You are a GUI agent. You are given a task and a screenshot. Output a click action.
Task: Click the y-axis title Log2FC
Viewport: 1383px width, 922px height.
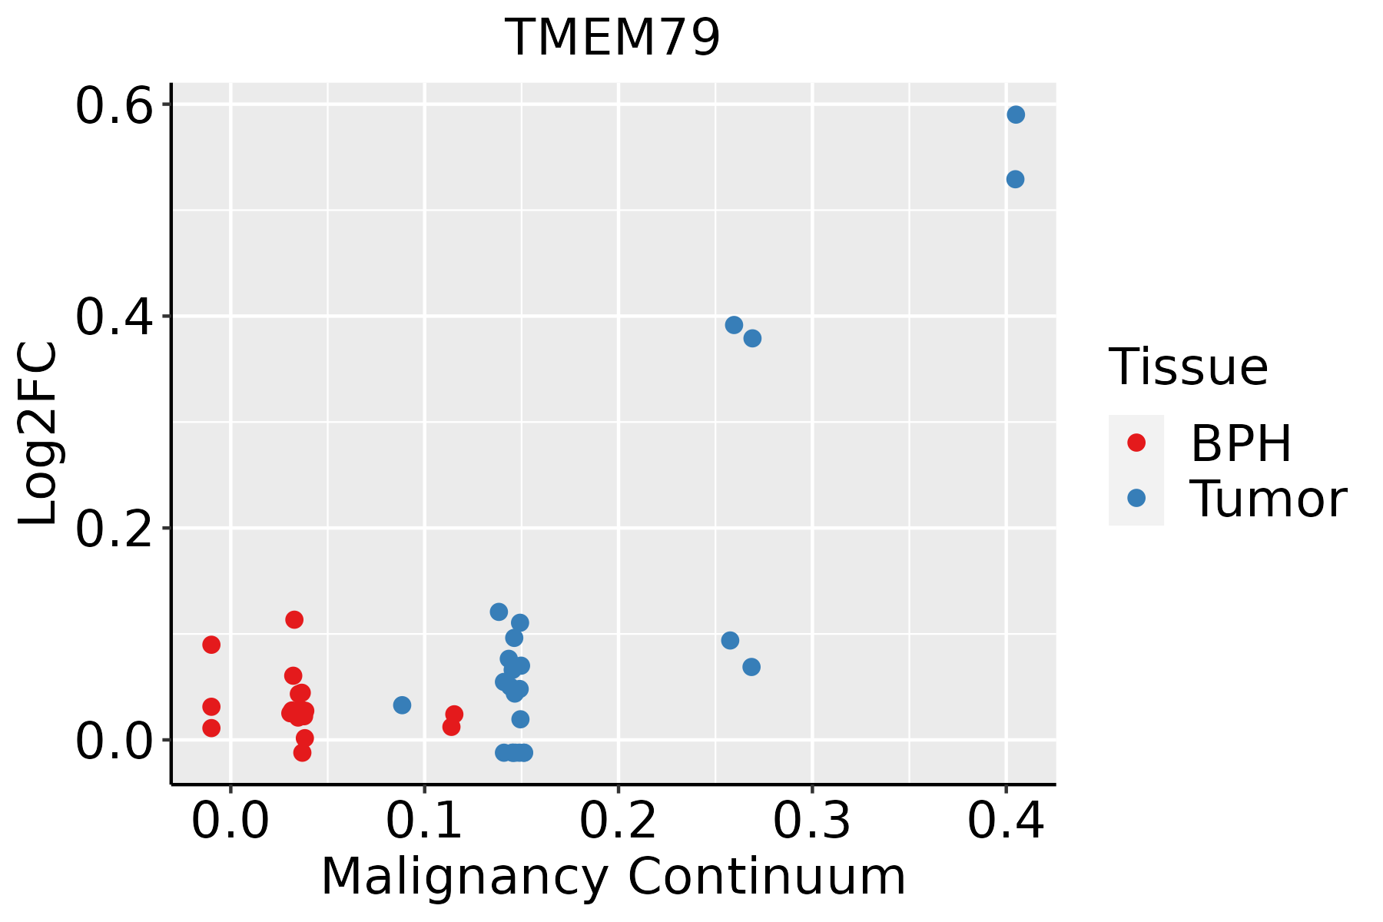(38, 434)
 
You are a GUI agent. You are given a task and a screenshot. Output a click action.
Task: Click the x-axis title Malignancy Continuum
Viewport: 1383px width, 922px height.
(612, 877)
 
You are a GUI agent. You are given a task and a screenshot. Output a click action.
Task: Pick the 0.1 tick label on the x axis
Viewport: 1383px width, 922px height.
(424, 821)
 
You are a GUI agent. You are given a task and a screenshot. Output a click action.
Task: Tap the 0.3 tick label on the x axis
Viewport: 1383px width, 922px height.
(811, 821)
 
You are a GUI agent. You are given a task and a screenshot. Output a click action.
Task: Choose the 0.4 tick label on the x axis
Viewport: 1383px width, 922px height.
(1005, 821)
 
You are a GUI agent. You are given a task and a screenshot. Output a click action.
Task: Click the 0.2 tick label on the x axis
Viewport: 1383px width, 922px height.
(618, 821)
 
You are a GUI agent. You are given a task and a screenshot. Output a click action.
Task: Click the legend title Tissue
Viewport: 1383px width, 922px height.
(1189, 367)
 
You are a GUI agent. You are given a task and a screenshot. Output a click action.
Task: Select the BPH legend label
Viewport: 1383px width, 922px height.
(1241, 443)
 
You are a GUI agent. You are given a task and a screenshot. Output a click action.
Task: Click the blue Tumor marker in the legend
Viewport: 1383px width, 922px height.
(1136, 498)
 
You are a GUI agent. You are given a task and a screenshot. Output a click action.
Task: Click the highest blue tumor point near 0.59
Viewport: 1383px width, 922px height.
(1016, 114)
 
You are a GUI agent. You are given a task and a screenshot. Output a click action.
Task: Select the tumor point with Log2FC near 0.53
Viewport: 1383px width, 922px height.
(1015, 179)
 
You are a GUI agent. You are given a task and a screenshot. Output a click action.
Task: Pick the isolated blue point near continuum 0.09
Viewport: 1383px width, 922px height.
(402, 705)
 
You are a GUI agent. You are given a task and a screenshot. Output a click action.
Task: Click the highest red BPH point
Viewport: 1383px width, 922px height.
(294, 619)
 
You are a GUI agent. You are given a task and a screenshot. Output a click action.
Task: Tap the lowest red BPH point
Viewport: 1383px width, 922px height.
(302, 752)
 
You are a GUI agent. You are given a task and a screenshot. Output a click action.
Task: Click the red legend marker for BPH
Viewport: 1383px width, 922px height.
(1136, 443)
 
